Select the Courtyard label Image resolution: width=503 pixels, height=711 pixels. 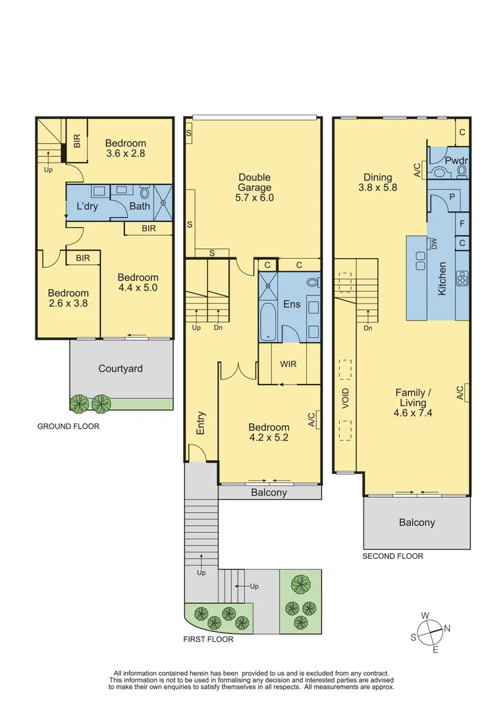pos(120,369)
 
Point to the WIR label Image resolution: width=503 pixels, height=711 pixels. pos(288,363)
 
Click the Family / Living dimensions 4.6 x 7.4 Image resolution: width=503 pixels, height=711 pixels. pos(410,413)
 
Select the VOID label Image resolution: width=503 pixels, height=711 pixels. pos(346,399)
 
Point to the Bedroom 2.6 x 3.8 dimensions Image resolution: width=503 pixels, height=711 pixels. pos(68,303)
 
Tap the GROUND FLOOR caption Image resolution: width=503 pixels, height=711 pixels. pos(68,427)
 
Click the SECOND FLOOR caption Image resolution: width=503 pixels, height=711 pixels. pos(392,556)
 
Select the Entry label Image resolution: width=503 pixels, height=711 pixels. pos(201,423)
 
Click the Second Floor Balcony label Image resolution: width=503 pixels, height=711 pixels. pos(417,522)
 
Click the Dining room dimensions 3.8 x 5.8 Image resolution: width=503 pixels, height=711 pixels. pos(378,187)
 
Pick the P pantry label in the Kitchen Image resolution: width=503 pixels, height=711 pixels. pos(452,197)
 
